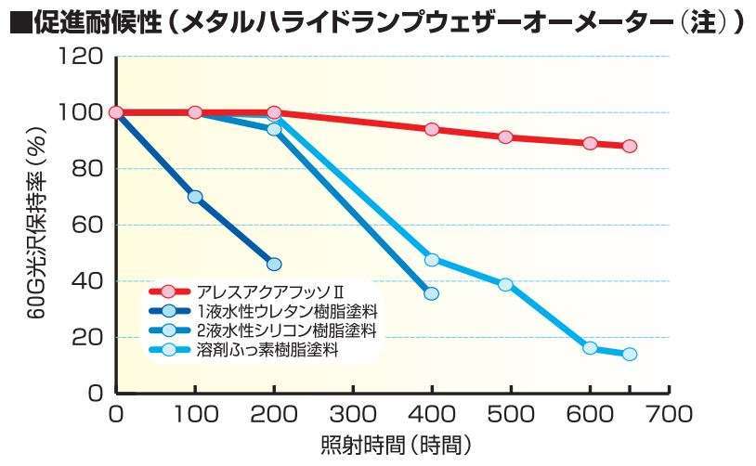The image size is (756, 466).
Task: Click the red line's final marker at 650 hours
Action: point(630,146)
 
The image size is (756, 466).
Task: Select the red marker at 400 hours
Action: point(431,129)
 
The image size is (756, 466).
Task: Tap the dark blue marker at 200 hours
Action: point(274,264)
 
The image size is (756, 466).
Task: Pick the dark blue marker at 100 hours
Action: point(195,197)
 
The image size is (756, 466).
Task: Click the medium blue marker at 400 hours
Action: point(431,293)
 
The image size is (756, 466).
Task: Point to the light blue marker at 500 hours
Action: point(505,284)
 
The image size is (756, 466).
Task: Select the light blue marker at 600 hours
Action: point(590,348)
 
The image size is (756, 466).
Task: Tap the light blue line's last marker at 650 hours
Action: point(630,354)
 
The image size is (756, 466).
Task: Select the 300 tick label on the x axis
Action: point(353,412)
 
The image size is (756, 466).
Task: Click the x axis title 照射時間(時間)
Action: point(391,444)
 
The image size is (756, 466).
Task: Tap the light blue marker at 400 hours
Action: point(431,260)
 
